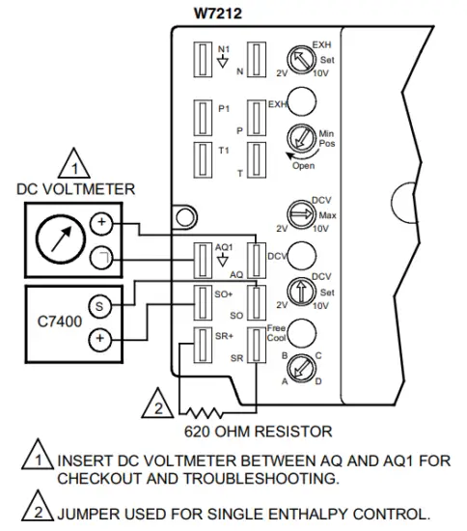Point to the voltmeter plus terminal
pos(102,224)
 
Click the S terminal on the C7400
pos(102,306)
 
